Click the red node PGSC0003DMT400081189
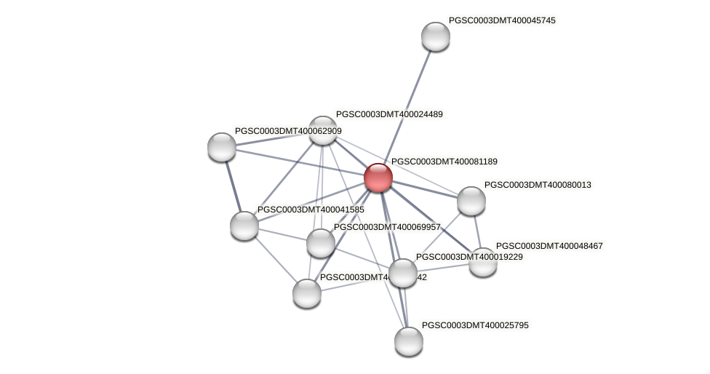(378, 178)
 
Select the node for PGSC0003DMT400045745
(435, 36)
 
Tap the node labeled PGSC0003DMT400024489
(323, 130)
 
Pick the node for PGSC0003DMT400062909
(222, 147)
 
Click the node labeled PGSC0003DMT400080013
(471, 201)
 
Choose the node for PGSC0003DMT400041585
(244, 226)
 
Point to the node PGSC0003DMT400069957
(320, 243)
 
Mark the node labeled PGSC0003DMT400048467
(482, 262)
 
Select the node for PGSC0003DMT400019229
(402, 273)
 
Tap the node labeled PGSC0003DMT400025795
(408, 341)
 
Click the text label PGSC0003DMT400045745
(502, 20)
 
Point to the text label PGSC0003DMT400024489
(389, 114)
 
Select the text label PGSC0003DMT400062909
(288, 131)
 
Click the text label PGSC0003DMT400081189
(444, 162)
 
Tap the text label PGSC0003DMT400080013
(538, 185)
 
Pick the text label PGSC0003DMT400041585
(311, 210)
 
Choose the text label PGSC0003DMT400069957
(387, 227)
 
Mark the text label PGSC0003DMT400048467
(549, 246)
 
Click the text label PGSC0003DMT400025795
(475, 325)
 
